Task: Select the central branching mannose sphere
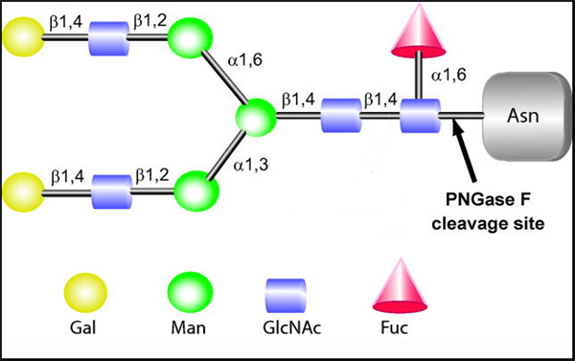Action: pos(257,119)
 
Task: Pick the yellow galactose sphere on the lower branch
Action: pos(21,191)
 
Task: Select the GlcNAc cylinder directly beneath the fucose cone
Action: pos(417,120)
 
